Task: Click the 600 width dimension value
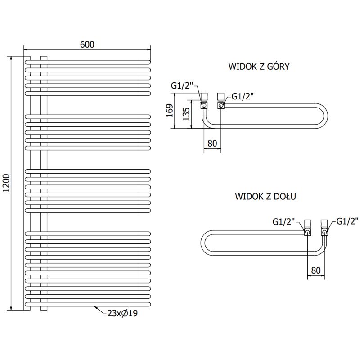tap(87, 44)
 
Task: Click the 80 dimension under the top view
tap(212, 144)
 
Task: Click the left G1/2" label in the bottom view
tap(284, 221)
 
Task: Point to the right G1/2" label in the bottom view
tap(347, 221)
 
